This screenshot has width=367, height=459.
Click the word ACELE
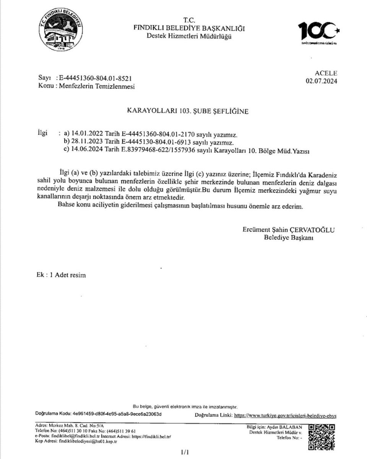[326, 73]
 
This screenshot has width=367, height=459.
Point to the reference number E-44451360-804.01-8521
[95, 78]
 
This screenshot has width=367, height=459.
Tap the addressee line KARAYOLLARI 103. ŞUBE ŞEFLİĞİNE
[187, 111]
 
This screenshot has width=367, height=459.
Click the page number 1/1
[185, 452]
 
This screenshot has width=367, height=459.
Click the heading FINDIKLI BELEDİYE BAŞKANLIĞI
[189, 28]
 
